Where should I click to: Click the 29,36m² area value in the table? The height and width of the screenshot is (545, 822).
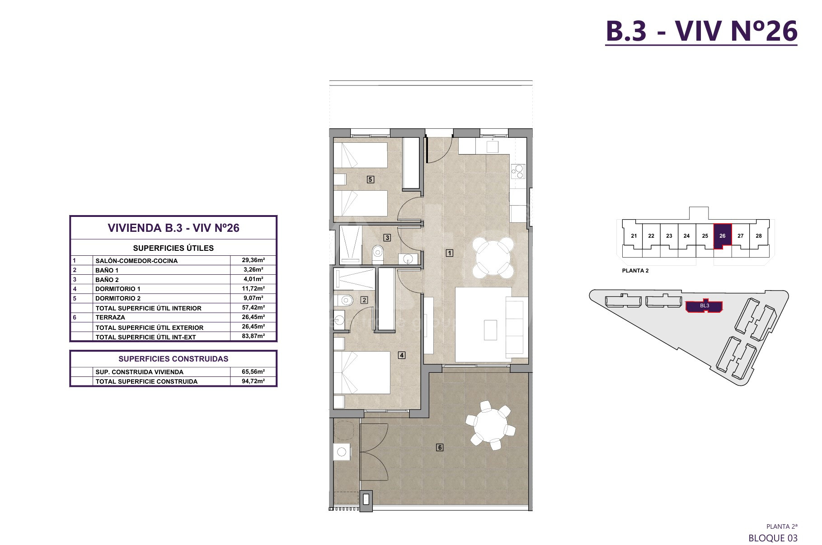coord(253,260)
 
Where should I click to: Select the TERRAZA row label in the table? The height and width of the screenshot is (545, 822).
coord(110,318)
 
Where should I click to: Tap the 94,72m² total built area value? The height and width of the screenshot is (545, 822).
coord(253,381)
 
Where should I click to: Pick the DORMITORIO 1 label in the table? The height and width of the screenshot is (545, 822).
coord(118,289)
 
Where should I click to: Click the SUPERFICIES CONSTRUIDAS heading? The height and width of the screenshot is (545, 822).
coord(174,359)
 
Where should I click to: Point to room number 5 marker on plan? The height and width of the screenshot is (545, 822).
coord(370,179)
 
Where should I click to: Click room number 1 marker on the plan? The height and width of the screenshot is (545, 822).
coord(449,253)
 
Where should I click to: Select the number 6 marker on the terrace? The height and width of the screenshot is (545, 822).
coord(439,447)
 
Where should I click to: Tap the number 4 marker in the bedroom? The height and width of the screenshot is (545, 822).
coord(402,355)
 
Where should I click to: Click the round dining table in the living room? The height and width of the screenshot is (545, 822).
coord(493,258)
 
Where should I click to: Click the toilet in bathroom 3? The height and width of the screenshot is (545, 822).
coord(376,254)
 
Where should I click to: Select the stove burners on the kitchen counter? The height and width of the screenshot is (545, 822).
coord(518,172)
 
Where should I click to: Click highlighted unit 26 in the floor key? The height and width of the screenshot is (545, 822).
coord(722,236)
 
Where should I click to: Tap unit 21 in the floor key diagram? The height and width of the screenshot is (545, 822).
coord(634,236)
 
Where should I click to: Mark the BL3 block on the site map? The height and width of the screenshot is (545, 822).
coord(704,306)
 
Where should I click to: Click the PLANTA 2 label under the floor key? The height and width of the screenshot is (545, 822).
coord(635,271)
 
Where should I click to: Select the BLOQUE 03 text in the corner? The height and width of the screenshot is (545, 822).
coord(773,538)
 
